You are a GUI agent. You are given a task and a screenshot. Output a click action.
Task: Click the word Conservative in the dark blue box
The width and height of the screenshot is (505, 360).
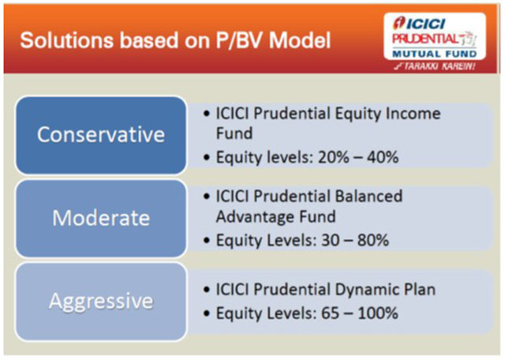(x=101, y=134)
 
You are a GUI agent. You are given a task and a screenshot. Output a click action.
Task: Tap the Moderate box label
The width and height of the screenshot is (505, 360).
(x=101, y=218)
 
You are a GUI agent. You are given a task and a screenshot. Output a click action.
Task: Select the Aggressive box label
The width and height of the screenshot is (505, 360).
(x=101, y=301)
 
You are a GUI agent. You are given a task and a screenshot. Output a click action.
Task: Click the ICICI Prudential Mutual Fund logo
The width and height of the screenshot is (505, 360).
(x=435, y=36)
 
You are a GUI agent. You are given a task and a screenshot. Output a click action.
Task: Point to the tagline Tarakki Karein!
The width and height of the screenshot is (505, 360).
(x=436, y=66)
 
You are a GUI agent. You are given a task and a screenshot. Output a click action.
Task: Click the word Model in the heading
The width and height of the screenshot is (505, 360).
(x=300, y=40)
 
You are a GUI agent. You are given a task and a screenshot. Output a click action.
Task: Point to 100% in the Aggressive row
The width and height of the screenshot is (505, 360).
(x=378, y=313)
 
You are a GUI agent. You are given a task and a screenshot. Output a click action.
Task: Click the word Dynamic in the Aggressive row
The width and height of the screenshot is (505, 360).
(x=366, y=289)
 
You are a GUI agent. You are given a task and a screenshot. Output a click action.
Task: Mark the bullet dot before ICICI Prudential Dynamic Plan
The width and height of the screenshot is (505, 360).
(x=207, y=289)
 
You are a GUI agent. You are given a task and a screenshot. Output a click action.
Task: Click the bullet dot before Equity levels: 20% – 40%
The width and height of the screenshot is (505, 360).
(x=207, y=158)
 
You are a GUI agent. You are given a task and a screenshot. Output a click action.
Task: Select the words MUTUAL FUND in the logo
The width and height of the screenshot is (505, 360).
(x=435, y=54)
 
